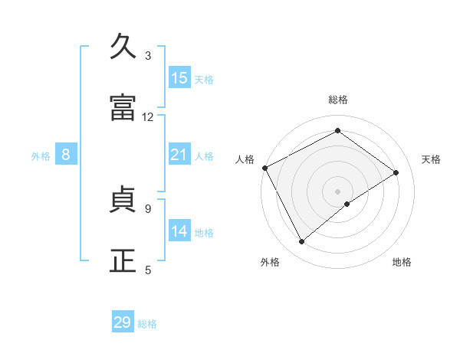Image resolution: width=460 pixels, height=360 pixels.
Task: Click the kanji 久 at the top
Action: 123,47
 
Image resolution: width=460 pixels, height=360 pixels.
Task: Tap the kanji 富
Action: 123,109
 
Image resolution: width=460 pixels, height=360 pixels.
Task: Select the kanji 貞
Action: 123,201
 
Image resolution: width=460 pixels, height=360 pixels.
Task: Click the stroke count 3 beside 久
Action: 148,56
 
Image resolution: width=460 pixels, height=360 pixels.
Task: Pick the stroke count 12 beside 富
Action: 148,117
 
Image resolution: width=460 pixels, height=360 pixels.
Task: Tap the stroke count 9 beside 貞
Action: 148,208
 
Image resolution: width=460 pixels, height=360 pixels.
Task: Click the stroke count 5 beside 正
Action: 148,270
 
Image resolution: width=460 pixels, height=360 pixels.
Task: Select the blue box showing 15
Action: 179,78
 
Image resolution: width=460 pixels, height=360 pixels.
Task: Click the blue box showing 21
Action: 179,155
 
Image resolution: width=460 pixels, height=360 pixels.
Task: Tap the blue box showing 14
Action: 179,231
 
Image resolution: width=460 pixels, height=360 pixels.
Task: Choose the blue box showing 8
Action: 66,155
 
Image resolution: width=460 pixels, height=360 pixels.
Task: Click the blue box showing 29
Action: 123,322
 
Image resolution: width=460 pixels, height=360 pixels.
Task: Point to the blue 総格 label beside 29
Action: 147,324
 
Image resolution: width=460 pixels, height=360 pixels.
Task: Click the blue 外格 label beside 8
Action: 41,156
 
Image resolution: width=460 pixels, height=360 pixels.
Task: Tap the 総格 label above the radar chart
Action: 338,100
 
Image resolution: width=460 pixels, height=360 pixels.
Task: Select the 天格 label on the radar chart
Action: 432,159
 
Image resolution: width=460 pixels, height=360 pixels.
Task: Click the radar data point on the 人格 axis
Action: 264,168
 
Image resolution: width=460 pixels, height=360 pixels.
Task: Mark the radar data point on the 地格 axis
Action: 347,204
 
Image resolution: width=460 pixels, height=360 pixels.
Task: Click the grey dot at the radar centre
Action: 338,191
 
